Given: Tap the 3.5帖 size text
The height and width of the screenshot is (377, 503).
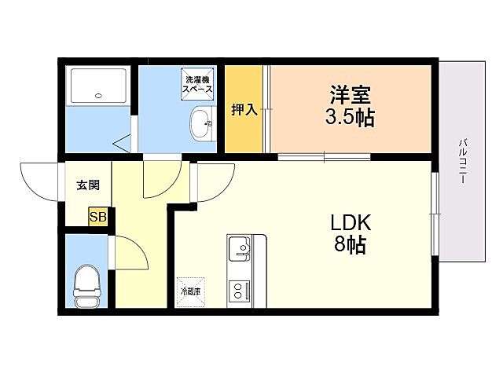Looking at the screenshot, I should tap(351, 119).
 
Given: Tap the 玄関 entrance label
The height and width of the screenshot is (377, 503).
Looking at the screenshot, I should tap(87, 186).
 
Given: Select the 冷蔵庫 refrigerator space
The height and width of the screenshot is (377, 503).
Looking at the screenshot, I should tap(191, 289).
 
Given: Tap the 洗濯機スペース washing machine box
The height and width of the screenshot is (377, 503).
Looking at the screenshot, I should tap(198, 84).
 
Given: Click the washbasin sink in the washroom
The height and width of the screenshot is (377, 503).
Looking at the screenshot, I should tap(201, 123).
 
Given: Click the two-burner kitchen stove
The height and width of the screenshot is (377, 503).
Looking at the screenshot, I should tap(239, 291).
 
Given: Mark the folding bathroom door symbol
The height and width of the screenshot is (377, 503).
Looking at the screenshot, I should tap(122, 142).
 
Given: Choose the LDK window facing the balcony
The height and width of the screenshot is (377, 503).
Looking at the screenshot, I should tap(434, 212).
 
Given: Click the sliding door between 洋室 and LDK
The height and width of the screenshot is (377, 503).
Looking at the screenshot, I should tap(324, 156).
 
